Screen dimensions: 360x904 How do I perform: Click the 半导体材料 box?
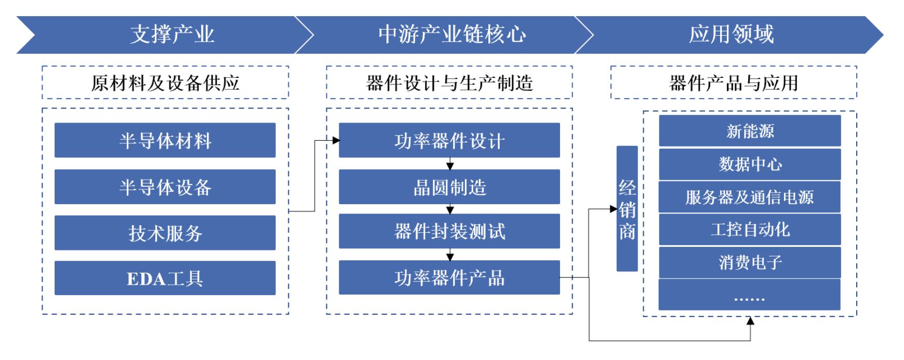165,140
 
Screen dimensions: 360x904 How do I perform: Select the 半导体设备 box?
165,187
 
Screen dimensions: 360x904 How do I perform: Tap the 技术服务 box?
165,233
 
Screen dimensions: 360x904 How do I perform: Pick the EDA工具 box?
165,278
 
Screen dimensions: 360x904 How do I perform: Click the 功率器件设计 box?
449,140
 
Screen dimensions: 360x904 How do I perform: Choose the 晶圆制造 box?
449,187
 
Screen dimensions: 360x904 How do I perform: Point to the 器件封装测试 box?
449,231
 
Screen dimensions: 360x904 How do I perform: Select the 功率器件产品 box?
449,278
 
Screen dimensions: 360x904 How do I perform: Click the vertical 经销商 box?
627,208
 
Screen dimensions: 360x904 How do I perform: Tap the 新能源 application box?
750,131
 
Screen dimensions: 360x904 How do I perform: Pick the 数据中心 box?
750,164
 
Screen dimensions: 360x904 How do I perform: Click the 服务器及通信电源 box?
750,197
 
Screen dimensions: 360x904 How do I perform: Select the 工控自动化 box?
750,230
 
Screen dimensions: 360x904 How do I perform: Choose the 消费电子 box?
750,262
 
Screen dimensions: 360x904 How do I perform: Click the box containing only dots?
750,295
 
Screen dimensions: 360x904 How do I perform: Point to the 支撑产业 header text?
172,35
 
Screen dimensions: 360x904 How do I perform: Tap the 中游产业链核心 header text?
452,35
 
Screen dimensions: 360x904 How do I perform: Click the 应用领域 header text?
731,35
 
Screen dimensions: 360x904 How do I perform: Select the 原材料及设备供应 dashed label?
165,83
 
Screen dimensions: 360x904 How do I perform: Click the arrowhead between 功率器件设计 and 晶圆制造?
450,166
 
